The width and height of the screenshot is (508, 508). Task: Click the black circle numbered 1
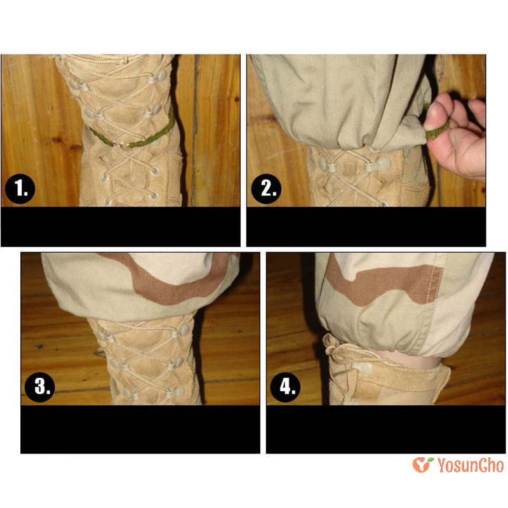(20, 189)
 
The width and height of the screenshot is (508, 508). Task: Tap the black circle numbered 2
(266, 189)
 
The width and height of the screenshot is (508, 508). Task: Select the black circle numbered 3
(40, 387)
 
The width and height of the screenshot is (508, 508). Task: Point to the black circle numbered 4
(285, 387)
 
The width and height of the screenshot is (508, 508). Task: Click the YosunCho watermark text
(471, 465)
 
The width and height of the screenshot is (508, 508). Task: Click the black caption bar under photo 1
(121, 227)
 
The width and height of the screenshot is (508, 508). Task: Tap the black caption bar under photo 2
(366, 227)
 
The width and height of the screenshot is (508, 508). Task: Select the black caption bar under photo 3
(140, 429)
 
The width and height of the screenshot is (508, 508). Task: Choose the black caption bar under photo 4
(386, 429)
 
